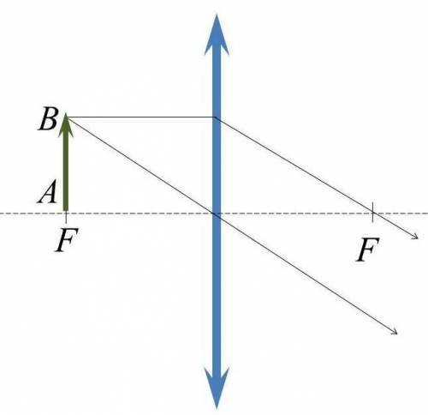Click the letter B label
coord(48,119)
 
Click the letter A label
coord(46,193)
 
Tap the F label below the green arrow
coord(67,239)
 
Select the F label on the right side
coord(368,250)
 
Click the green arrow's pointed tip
coord(66,113)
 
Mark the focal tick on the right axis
coord(372,212)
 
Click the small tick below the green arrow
coord(66,218)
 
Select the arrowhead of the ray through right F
coord(415,237)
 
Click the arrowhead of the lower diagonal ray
coord(395,332)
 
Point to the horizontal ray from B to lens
coord(140,117)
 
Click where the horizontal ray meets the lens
coord(216,117)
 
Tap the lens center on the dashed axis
coord(217,214)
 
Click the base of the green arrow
coord(66,211)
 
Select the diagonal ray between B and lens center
coord(141,165)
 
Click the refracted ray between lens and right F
coord(294,165)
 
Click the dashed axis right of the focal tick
coord(401,214)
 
